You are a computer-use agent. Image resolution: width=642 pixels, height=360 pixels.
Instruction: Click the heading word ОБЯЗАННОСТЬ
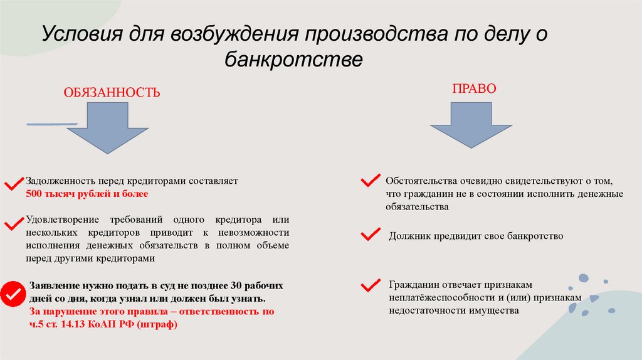[x=111, y=93]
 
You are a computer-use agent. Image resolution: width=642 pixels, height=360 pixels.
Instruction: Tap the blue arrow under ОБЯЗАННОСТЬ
[x=108, y=129]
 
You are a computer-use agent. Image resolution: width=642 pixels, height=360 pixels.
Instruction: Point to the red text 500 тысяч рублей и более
[x=87, y=194]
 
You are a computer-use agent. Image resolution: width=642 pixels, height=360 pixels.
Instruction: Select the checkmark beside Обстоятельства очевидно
[x=370, y=181]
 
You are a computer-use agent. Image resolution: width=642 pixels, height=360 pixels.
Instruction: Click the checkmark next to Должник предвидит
[x=370, y=235]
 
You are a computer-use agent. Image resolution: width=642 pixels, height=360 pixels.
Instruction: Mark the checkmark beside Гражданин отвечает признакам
[x=370, y=285]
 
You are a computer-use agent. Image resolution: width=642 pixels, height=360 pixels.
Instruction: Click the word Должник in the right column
[x=406, y=236]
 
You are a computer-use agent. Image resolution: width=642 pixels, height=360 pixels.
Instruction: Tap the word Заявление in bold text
[x=52, y=285]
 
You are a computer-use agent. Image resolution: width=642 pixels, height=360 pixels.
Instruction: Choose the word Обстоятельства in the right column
[x=419, y=181]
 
